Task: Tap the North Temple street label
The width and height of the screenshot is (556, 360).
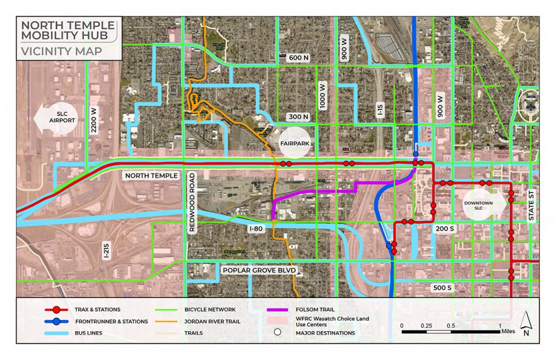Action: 151,176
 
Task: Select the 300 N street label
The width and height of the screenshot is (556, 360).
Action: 298,117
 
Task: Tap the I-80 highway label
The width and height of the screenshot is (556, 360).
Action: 256,229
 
